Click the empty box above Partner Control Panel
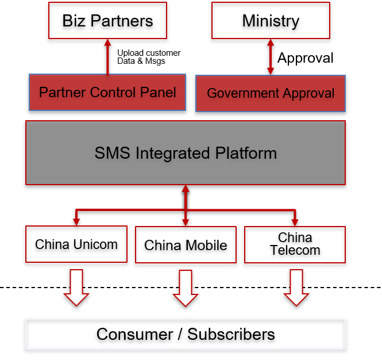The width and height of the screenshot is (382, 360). coord(107,20)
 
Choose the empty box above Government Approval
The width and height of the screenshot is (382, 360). coord(271,20)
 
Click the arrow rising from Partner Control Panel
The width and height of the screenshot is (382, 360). coord(107,56)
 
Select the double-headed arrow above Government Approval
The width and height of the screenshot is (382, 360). coord(271,57)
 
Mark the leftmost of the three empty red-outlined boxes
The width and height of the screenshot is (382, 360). coord(76,244)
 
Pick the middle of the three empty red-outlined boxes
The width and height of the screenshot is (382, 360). coord(186,244)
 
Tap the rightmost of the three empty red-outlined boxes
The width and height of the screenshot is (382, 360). coord(295,244)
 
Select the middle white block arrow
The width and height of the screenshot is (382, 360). coord(186,288)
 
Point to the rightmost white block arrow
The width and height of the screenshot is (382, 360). coord(296,288)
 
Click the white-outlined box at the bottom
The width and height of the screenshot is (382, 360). coord(186,334)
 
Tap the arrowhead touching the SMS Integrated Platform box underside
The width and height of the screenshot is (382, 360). coord(186,189)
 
